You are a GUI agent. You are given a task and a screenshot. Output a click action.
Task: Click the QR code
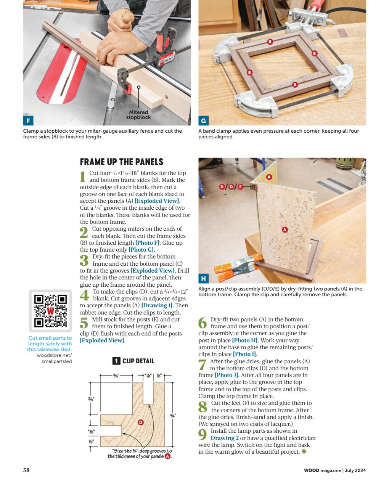pyautogui.click(x=51, y=311)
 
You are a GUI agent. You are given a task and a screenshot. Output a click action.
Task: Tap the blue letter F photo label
pyautogui.click(x=28, y=121)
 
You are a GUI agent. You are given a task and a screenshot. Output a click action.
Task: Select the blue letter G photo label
pyautogui.click(x=203, y=121)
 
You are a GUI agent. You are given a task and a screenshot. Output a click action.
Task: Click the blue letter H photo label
pyautogui.click(x=203, y=279)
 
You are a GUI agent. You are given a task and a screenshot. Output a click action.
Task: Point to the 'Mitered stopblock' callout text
pyautogui.click(x=138, y=115)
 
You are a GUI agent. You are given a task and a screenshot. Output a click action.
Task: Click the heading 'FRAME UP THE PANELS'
pyautogui.click(x=121, y=162)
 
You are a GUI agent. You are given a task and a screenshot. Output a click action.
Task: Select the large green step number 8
pyautogui.click(x=203, y=406)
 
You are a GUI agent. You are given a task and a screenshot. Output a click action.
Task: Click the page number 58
pyautogui.click(x=26, y=470)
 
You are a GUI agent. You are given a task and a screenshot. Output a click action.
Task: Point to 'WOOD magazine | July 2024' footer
pyautogui.click(x=334, y=470)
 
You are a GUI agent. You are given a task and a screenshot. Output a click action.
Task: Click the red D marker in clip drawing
pyautogui.click(x=140, y=422)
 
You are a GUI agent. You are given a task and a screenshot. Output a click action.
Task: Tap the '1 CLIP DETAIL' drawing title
pyautogui.click(x=133, y=361)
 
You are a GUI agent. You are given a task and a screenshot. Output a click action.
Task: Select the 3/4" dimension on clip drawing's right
pyautogui.click(x=173, y=415)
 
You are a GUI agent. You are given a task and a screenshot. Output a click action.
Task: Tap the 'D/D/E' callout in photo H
pyautogui.click(x=231, y=186)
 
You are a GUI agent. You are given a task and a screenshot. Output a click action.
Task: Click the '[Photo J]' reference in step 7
pyautogui.click(x=225, y=375)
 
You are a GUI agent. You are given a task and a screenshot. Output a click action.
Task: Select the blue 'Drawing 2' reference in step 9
pyautogui.click(x=224, y=438)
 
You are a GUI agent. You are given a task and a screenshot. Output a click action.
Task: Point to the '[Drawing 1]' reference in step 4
pyautogui.click(x=157, y=306)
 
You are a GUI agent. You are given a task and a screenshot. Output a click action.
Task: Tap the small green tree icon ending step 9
pyautogui.click(x=304, y=452)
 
